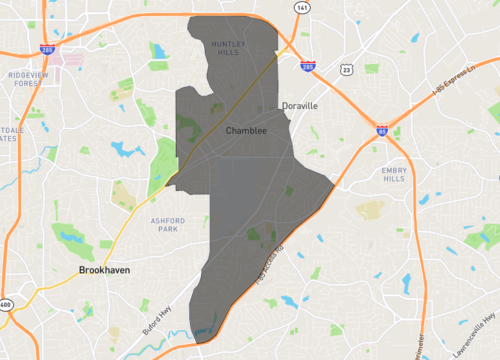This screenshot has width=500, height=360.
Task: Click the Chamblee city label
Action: [x=246, y=131]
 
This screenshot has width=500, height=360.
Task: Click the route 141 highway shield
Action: [x=300, y=7]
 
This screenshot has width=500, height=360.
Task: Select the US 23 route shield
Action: [x=346, y=70]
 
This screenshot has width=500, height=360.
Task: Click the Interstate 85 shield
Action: [x=383, y=130]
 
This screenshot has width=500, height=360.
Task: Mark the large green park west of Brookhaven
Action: [x=71, y=237]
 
